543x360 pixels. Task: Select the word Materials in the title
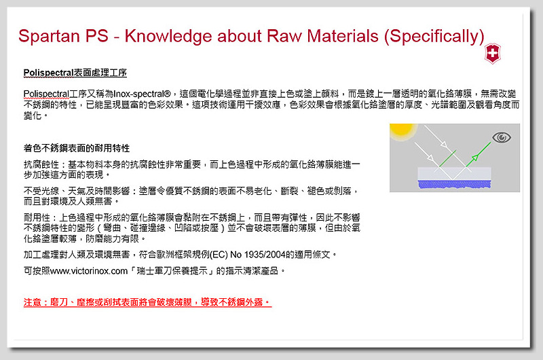(x=343, y=36)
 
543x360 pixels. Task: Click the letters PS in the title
(x=97, y=36)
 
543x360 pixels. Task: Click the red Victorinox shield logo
(x=493, y=54)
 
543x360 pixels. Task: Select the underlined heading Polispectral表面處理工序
(x=75, y=73)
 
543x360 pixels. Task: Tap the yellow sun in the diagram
(x=402, y=131)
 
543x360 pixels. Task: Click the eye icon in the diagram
(x=502, y=138)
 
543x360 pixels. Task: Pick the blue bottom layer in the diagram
(x=454, y=184)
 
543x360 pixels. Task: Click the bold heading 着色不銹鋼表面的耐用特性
(x=77, y=148)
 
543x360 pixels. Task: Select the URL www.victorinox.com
(x=89, y=271)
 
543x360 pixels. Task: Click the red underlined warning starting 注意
(x=147, y=302)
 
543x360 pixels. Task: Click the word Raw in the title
(x=284, y=36)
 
